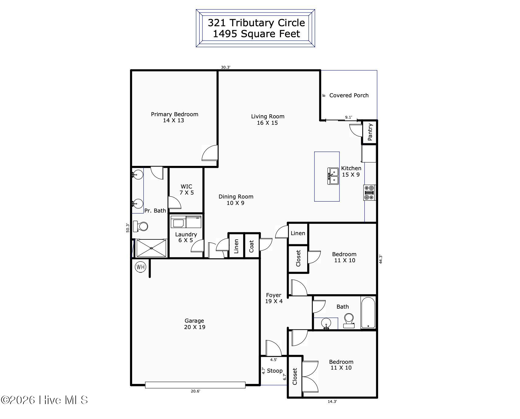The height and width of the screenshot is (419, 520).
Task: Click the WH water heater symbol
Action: [x=140, y=267]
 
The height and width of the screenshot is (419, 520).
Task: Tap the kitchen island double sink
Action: [x=333, y=176]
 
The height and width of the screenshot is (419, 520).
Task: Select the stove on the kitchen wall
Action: [x=370, y=193]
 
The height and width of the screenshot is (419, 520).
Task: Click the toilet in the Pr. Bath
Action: [x=141, y=226]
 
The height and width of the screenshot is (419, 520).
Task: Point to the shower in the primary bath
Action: [x=151, y=248]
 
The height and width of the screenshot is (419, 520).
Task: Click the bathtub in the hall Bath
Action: [x=368, y=313]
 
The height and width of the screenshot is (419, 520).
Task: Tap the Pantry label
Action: [x=370, y=132]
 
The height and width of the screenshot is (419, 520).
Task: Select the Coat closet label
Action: [x=251, y=246]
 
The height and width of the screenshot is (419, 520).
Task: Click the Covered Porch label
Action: [x=349, y=95]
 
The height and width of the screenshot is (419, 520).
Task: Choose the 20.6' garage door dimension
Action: [x=195, y=391]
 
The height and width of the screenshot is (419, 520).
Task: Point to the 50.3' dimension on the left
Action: [x=128, y=228]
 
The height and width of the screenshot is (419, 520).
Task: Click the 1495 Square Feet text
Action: [x=256, y=34]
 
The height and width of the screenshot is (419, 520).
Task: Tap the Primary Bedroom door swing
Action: [x=210, y=153]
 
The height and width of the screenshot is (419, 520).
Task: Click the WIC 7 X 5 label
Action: [x=187, y=189]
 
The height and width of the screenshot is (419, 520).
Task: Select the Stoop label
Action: [x=275, y=371]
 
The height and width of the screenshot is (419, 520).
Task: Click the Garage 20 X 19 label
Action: [x=195, y=324]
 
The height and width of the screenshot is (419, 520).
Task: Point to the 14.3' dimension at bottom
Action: [x=332, y=402]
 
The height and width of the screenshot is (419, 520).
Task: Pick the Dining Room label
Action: [x=236, y=197]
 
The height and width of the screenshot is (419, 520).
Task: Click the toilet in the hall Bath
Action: [x=349, y=321]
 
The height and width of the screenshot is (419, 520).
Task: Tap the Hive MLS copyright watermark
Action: [x=44, y=400]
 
